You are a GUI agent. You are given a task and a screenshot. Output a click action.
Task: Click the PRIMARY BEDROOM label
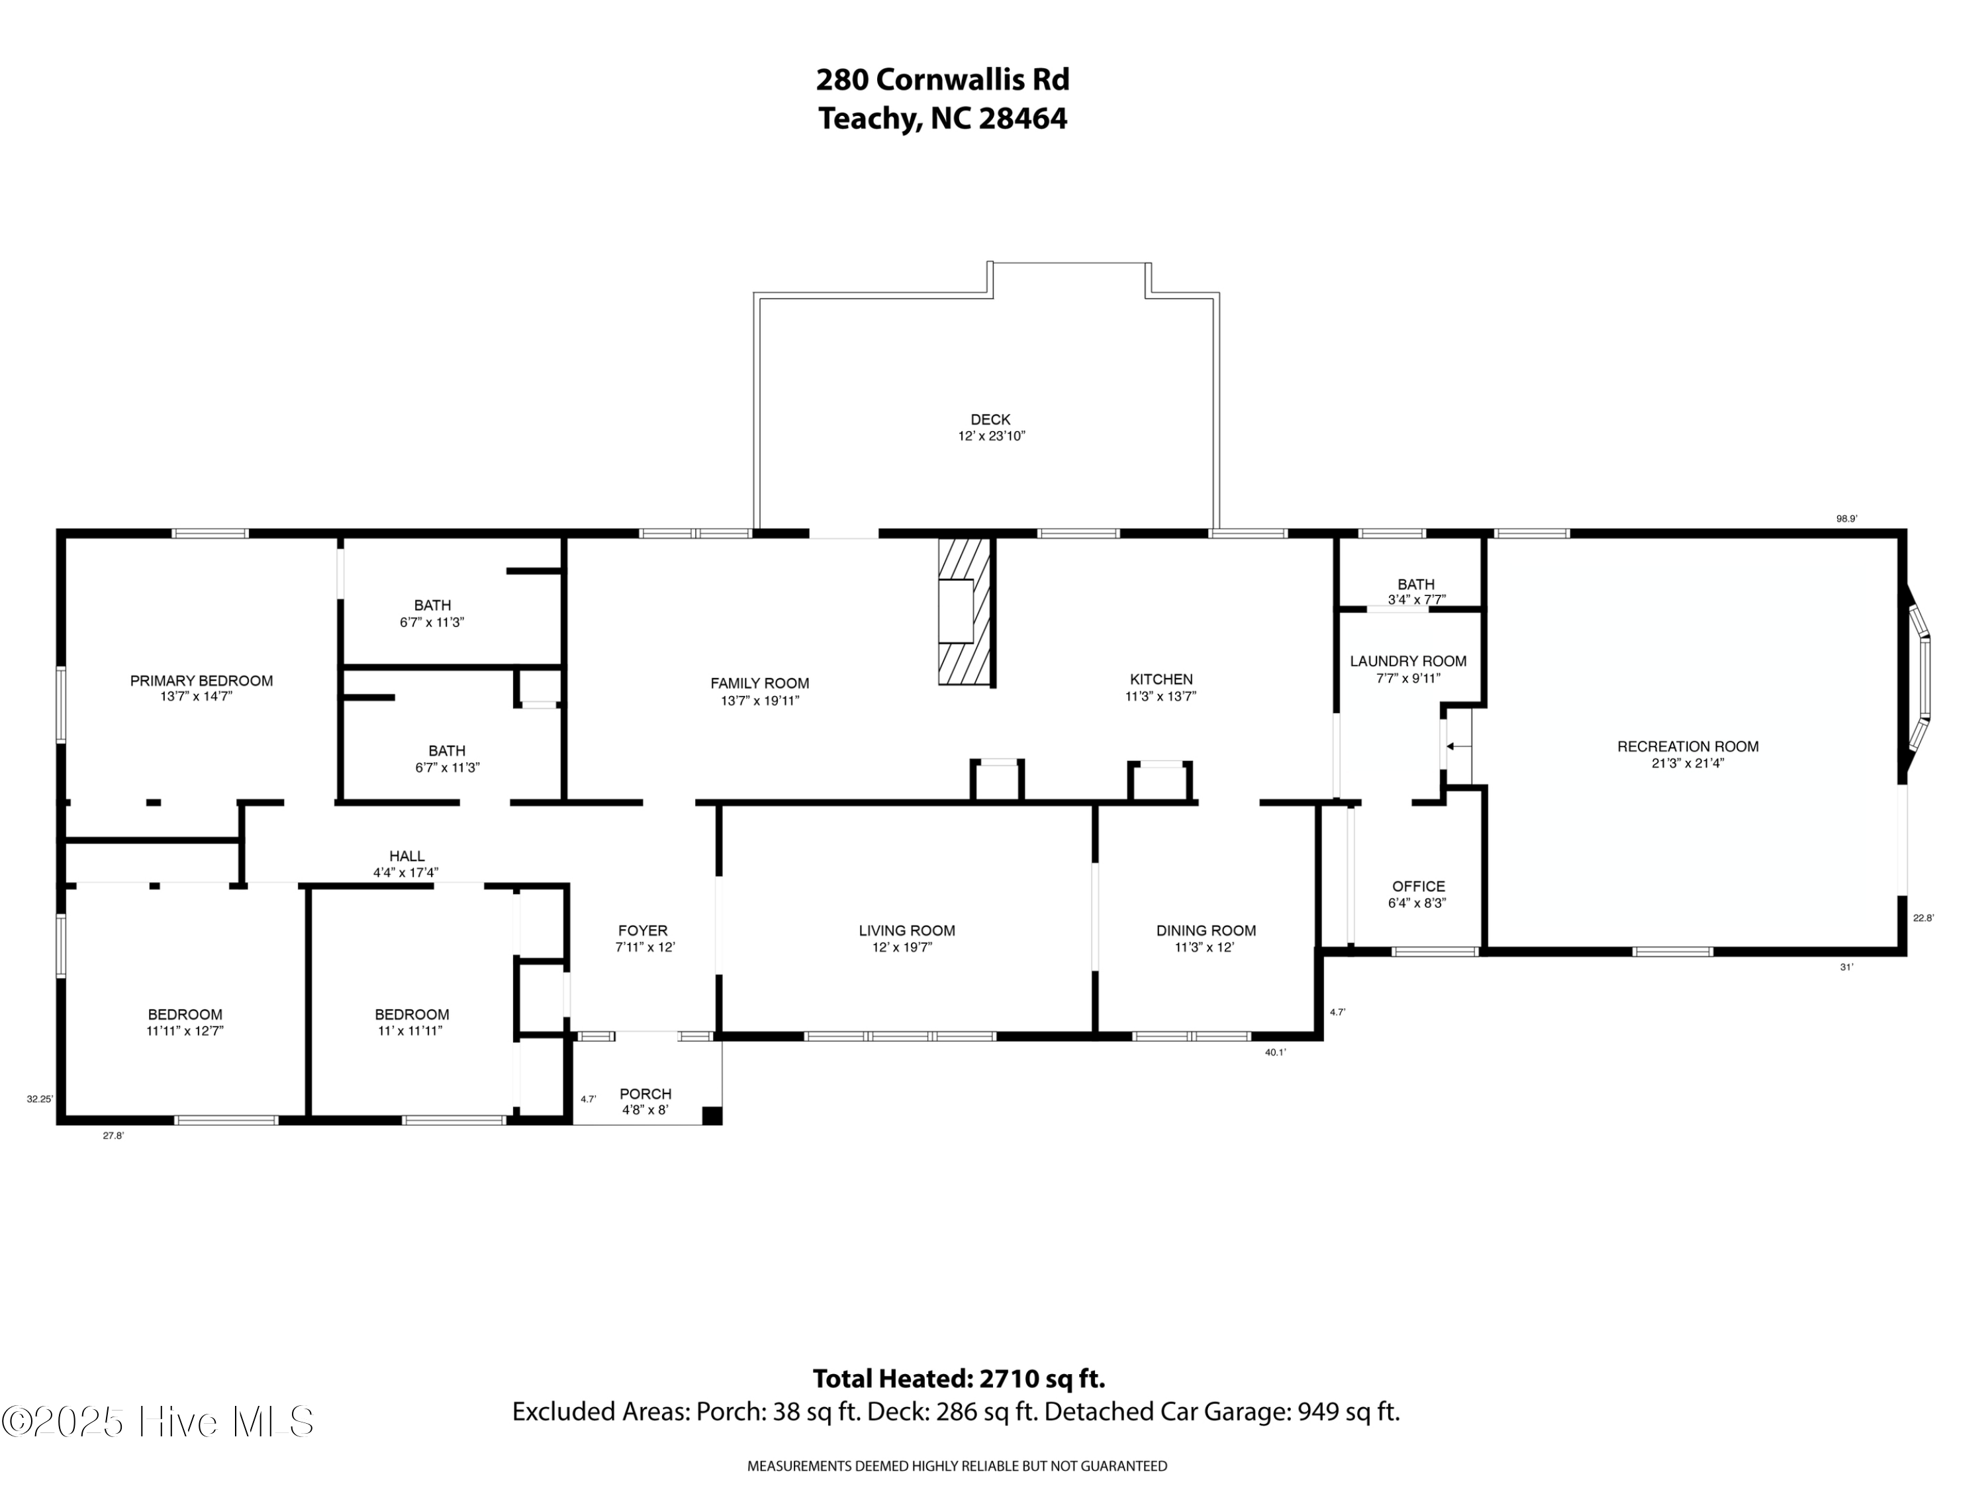(201, 681)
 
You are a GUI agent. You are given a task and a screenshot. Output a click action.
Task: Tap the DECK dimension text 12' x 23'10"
(990, 436)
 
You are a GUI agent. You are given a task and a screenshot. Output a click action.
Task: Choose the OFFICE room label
(1419, 887)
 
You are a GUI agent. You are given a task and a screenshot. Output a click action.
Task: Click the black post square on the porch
(711, 1115)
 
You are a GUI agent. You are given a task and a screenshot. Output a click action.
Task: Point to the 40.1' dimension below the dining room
(1275, 1053)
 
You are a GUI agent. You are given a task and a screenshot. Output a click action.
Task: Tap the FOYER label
(643, 930)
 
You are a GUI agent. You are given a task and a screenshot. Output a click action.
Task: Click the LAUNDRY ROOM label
(1408, 661)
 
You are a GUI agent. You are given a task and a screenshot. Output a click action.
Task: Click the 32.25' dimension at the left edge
(40, 1099)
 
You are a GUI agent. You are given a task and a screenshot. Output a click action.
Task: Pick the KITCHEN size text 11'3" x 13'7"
(1161, 696)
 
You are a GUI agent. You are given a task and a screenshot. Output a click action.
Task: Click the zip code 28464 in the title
(1023, 119)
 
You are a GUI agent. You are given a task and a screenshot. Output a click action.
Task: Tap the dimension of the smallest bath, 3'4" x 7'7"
(1416, 600)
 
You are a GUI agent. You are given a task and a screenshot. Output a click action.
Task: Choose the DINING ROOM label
(1206, 930)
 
